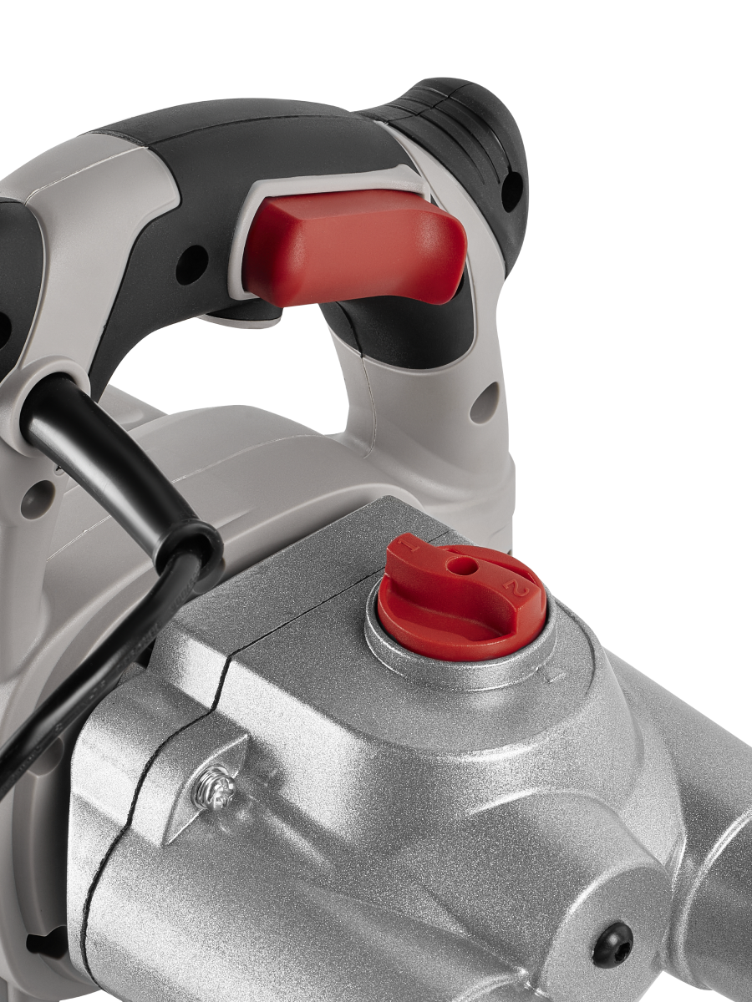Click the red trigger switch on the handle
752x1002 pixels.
(x=356, y=251)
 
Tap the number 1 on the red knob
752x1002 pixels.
(x=409, y=545)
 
